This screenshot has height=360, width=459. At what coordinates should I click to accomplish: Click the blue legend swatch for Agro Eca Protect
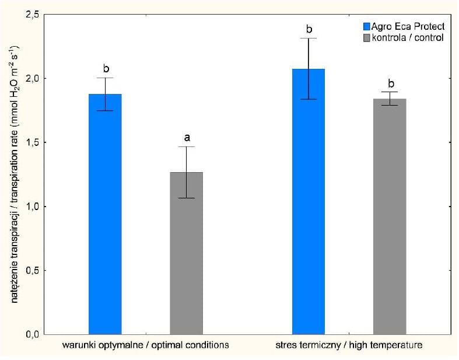click(367, 26)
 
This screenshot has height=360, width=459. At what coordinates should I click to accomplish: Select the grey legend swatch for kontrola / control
click(367, 37)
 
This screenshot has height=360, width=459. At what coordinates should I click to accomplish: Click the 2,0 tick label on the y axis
click(33, 78)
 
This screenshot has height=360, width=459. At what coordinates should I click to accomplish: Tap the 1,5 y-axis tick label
click(33, 142)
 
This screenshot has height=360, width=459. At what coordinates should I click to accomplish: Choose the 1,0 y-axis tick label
click(33, 207)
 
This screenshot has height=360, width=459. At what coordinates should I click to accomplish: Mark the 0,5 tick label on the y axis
click(33, 271)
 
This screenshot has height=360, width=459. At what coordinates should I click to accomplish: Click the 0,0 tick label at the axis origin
click(33, 334)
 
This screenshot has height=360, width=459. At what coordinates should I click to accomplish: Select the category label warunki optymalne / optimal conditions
click(145, 345)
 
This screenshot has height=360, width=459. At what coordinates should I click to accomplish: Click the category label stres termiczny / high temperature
click(349, 345)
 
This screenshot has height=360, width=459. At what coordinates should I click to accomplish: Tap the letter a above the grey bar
click(187, 138)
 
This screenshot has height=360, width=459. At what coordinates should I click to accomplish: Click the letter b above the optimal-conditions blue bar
click(106, 68)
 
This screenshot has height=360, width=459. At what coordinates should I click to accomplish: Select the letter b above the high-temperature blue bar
click(309, 29)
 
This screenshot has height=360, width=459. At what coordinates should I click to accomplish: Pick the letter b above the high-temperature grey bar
click(390, 82)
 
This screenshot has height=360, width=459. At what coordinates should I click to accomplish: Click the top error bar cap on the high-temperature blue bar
click(309, 39)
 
